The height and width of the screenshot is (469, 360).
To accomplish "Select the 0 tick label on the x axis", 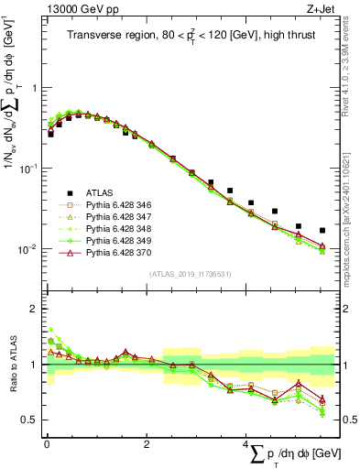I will pyautogui.click(x=47, y=444).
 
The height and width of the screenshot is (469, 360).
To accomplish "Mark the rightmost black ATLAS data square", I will pyautogui.click(x=322, y=230).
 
